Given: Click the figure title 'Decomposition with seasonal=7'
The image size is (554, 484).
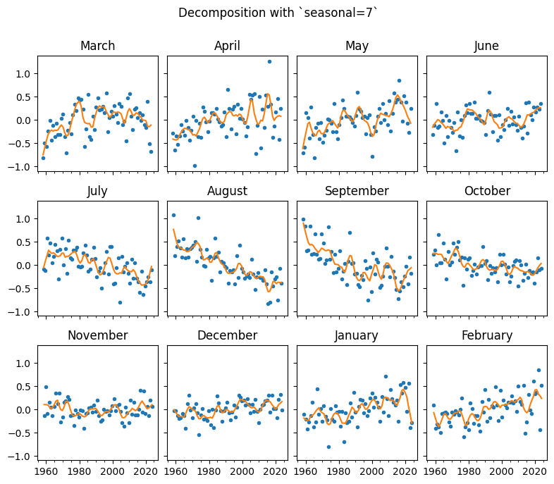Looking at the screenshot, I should (x=278, y=13).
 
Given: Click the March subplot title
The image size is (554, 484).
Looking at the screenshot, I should (x=97, y=46).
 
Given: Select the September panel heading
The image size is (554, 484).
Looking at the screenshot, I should (x=357, y=191).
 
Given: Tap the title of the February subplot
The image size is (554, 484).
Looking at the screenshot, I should (x=486, y=335).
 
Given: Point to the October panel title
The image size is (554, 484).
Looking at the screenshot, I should (x=486, y=191).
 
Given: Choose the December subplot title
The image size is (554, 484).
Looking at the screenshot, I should (x=227, y=335).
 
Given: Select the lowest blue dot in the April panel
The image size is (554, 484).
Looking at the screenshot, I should (x=195, y=166).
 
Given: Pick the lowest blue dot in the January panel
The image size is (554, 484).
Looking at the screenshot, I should (x=328, y=447).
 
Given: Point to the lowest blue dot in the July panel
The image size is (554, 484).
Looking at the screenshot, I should (x=120, y=302).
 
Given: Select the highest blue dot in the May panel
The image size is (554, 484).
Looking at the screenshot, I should (x=399, y=80).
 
